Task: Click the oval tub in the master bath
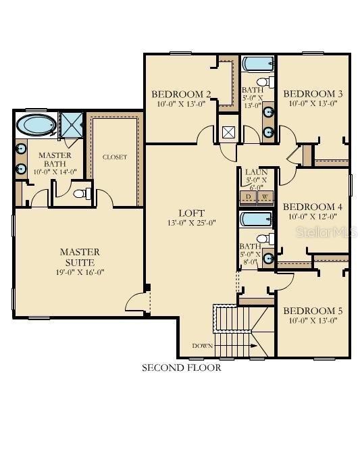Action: [36, 126]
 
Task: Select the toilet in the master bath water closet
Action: [80, 195]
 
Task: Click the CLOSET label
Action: [114, 157]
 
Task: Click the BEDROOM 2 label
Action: [172, 94]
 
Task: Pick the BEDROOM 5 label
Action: [312, 311]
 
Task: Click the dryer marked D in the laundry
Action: [248, 197]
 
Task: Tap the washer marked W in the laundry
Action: [265, 197]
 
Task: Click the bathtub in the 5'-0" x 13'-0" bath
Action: [257, 66]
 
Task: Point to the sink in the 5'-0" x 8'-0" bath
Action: [268, 257]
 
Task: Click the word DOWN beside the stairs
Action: [202, 346]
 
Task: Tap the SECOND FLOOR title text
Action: [181, 368]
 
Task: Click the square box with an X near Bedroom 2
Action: [228, 132]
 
